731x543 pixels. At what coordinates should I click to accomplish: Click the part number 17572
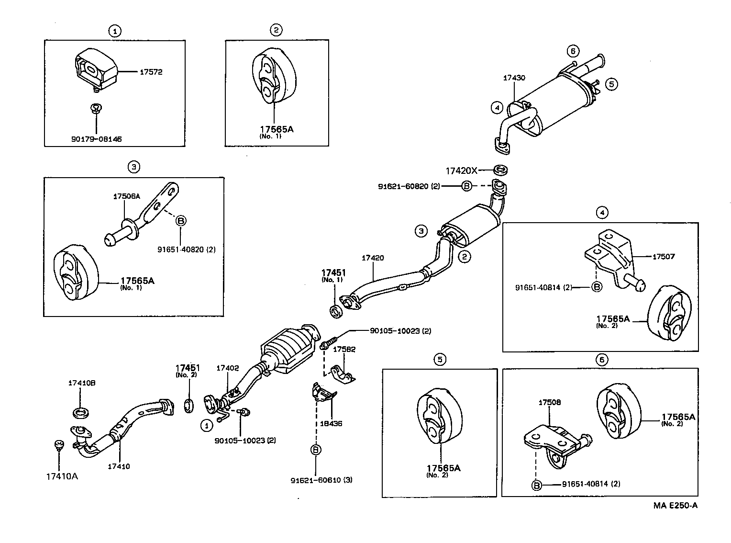(151, 72)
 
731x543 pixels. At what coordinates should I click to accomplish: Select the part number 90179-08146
(96, 139)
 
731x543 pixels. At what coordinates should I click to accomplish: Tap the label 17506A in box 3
(126, 196)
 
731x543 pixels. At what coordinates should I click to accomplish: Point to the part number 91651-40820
(186, 249)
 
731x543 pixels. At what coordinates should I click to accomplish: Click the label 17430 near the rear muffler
(514, 78)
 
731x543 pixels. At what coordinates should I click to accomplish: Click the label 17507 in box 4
(663, 257)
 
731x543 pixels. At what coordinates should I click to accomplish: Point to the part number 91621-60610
(321, 480)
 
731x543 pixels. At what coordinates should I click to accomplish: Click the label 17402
(227, 368)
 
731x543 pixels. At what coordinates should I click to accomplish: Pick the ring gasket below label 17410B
(80, 411)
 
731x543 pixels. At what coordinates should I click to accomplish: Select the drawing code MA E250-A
(675, 505)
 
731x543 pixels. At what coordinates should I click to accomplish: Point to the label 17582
(344, 350)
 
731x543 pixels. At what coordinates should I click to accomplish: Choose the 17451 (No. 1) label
(333, 275)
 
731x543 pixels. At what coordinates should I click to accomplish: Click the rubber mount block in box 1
(96, 70)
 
